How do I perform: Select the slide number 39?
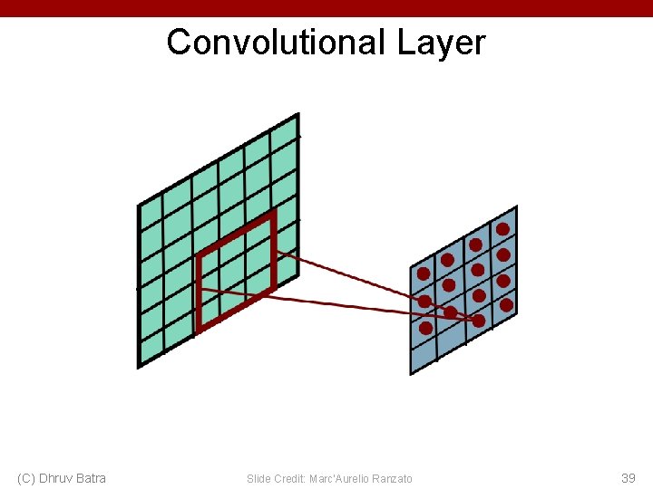pyautogui.click(x=628, y=478)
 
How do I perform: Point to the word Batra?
pyautogui.click(x=91, y=478)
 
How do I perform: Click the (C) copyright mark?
pyautogui.click(x=26, y=478)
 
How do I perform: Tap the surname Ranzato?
pyautogui.click(x=393, y=478)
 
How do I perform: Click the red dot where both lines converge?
pyautogui.click(x=478, y=320)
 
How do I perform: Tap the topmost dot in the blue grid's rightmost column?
pyautogui.click(x=502, y=229)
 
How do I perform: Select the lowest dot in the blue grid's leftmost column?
pyautogui.click(x=425, y=328)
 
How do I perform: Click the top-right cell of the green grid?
pyautogui.click(x=284, y=134)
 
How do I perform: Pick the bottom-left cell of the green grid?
pyautogui.click(x=151, y=349)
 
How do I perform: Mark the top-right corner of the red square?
pyautogui.click(x=272, y=214)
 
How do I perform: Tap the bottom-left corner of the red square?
pyautogui.click(x=199, y=331)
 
